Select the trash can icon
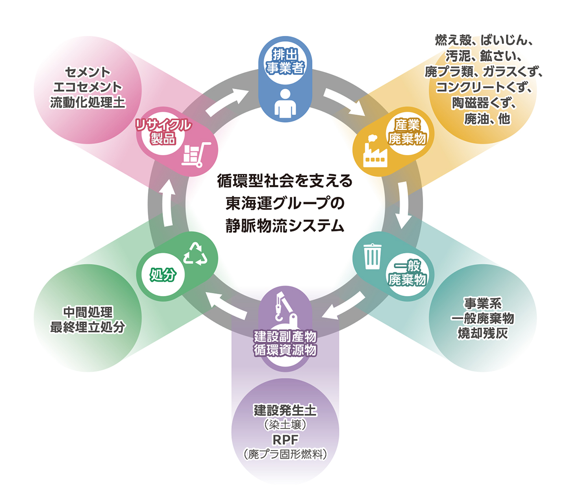(371, 256)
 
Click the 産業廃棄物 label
(407, 132)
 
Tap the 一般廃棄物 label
(407, 273)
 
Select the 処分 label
(163, 275)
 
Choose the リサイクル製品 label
(163, 132)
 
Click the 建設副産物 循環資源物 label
(285, 343)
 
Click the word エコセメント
(88, 87)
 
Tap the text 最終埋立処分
(88, 327)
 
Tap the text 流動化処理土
(88, 102)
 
